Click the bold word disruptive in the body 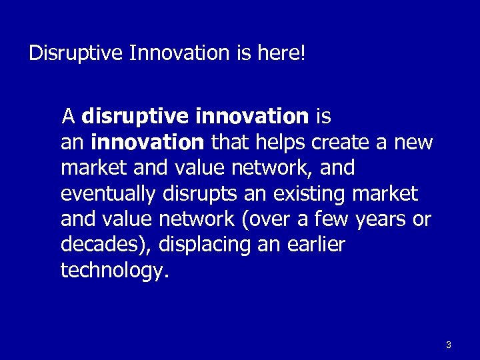tap(135, 117)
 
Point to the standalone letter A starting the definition tap(67, 117)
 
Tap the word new tap(413, 143)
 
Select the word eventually tap(107, 194)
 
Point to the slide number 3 tap(449, 345)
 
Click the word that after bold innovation tap(226, 143)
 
